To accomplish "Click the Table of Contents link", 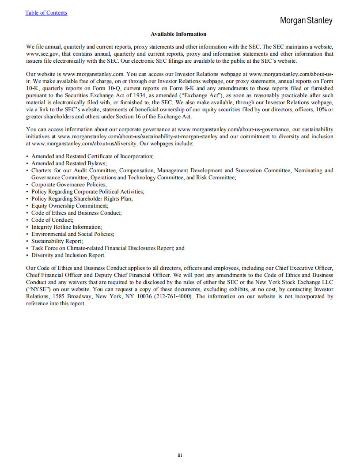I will pyautogui.click(x=46, y=13).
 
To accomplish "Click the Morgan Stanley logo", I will pyautogui.click(x=306, y=21).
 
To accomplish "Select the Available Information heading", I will pyautogui.click(x=178, y=34).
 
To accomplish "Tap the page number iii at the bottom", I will pyautogui.click(x=180, y=455).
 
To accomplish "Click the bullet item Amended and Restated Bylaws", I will pyautogui.click(x=69, y=163).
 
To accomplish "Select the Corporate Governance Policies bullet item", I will pyautogui.click(x=69, y=185).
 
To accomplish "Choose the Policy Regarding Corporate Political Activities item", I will pyautogui.click(x=87, y=192).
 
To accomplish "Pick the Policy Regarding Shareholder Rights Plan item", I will pyautogui.click(x=82, y=199).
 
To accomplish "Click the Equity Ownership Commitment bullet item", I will pyautogui.click(x=70, y=206).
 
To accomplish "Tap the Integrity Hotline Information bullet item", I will pyautogui.click(x=67, y=227).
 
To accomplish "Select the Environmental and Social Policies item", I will pyautogui.click(x=72, y=234).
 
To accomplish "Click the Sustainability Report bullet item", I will pyautogui.click(x=57, y=241).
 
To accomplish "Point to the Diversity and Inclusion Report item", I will pyautogui.click(x=68, y=255).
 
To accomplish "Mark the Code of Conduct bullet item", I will pyautogui.click(x=53, y=220).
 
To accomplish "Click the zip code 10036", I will pyautogui.click(x=142, y=296).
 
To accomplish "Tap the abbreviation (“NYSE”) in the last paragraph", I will pyautogui.click(x=39, y=289).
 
